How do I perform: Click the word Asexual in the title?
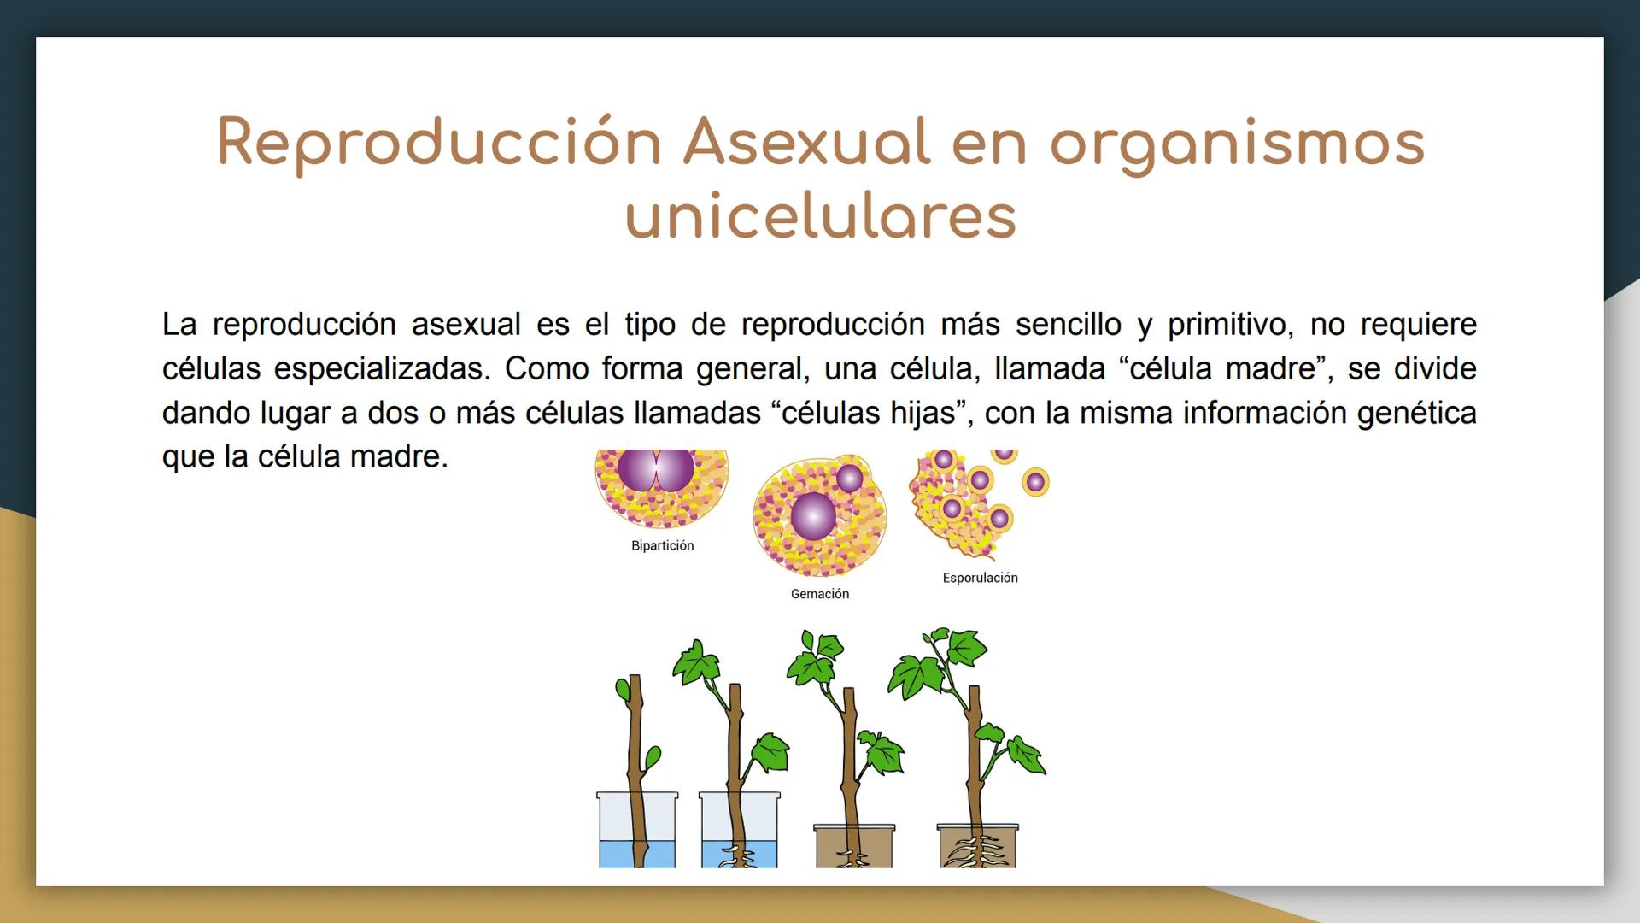(806, 142)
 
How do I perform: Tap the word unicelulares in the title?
(821, 215)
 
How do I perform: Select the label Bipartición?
(662, 545)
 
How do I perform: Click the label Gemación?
(819, 594)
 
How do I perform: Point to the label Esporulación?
(980, 578)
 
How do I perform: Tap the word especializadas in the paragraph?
(382, 369)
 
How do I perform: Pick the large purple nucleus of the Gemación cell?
(813, 516)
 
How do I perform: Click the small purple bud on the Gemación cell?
(849, 478)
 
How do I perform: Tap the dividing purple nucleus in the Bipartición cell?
(656, 469)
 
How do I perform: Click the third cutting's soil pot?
(853, 846)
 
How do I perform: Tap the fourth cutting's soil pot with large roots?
(978, 846)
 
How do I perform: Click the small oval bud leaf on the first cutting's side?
(653, 757)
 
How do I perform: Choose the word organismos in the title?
(1237, 142)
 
